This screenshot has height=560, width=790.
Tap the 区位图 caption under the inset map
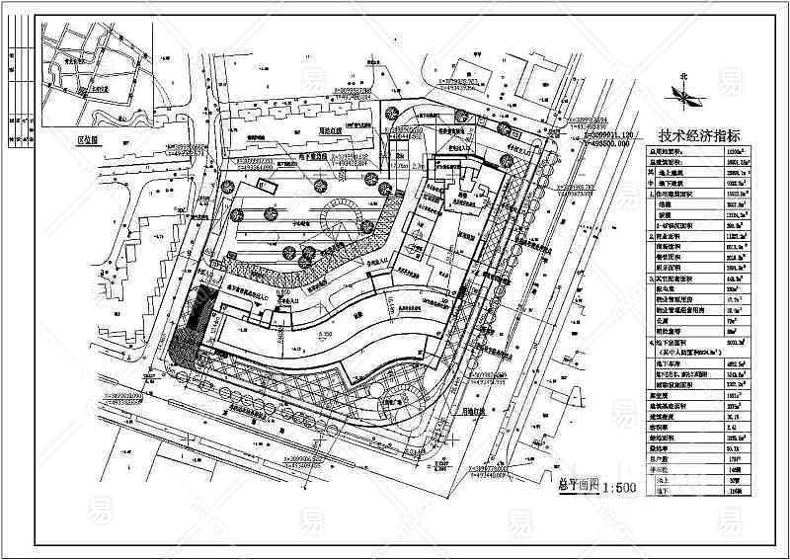click(92, 140)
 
